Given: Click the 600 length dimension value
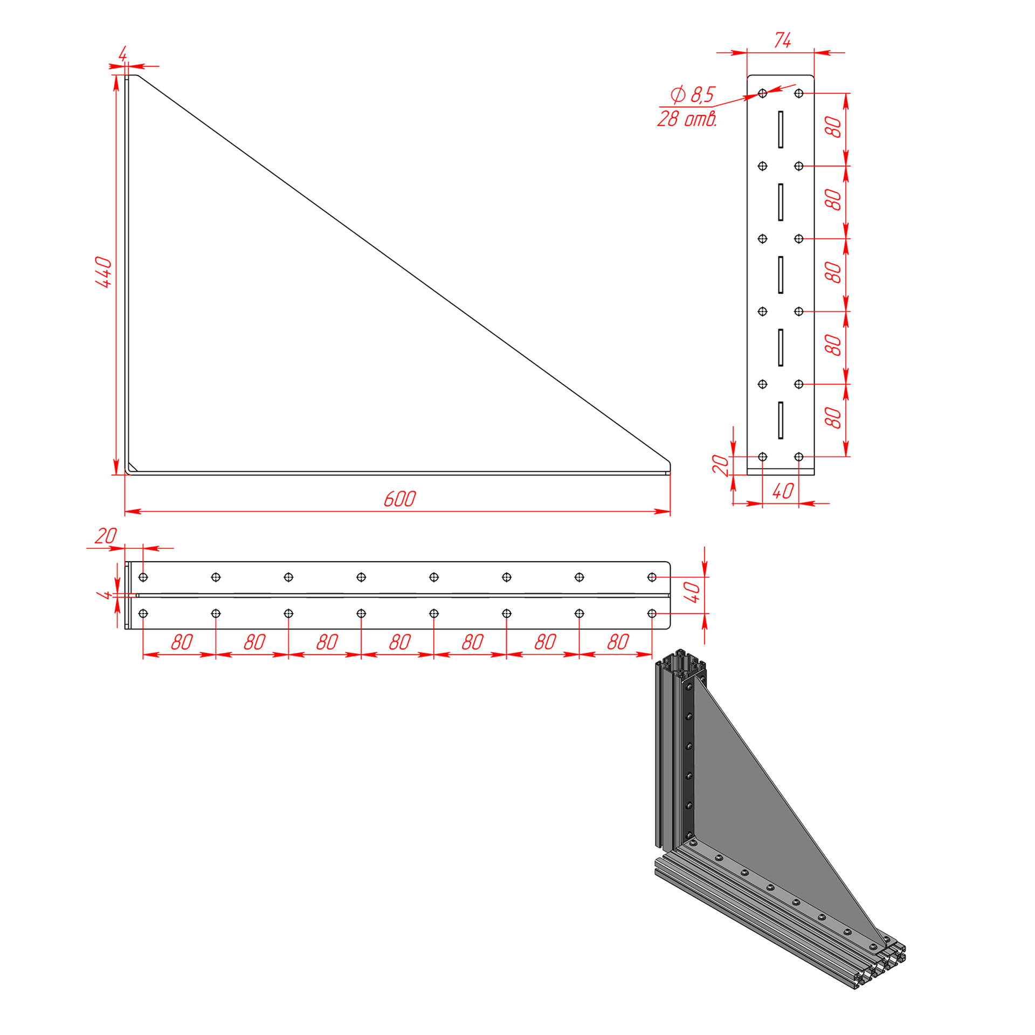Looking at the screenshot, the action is (x=399, y=499).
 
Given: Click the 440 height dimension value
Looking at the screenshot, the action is (x=103, y=272).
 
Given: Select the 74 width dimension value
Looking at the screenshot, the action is (x=782, y=40).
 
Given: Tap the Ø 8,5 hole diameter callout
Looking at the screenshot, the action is (x=692, y=94).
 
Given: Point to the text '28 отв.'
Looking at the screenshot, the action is (x=687, y=119).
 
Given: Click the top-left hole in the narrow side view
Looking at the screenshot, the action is (x=762, y=93).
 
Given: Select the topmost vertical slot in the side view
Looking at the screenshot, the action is (x=781, y=129).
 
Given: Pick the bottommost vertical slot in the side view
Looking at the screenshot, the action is (x=781, y=420).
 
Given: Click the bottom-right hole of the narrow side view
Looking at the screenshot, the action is (x=799, y=457).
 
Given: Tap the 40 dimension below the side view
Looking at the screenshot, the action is (x=782, y=491).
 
